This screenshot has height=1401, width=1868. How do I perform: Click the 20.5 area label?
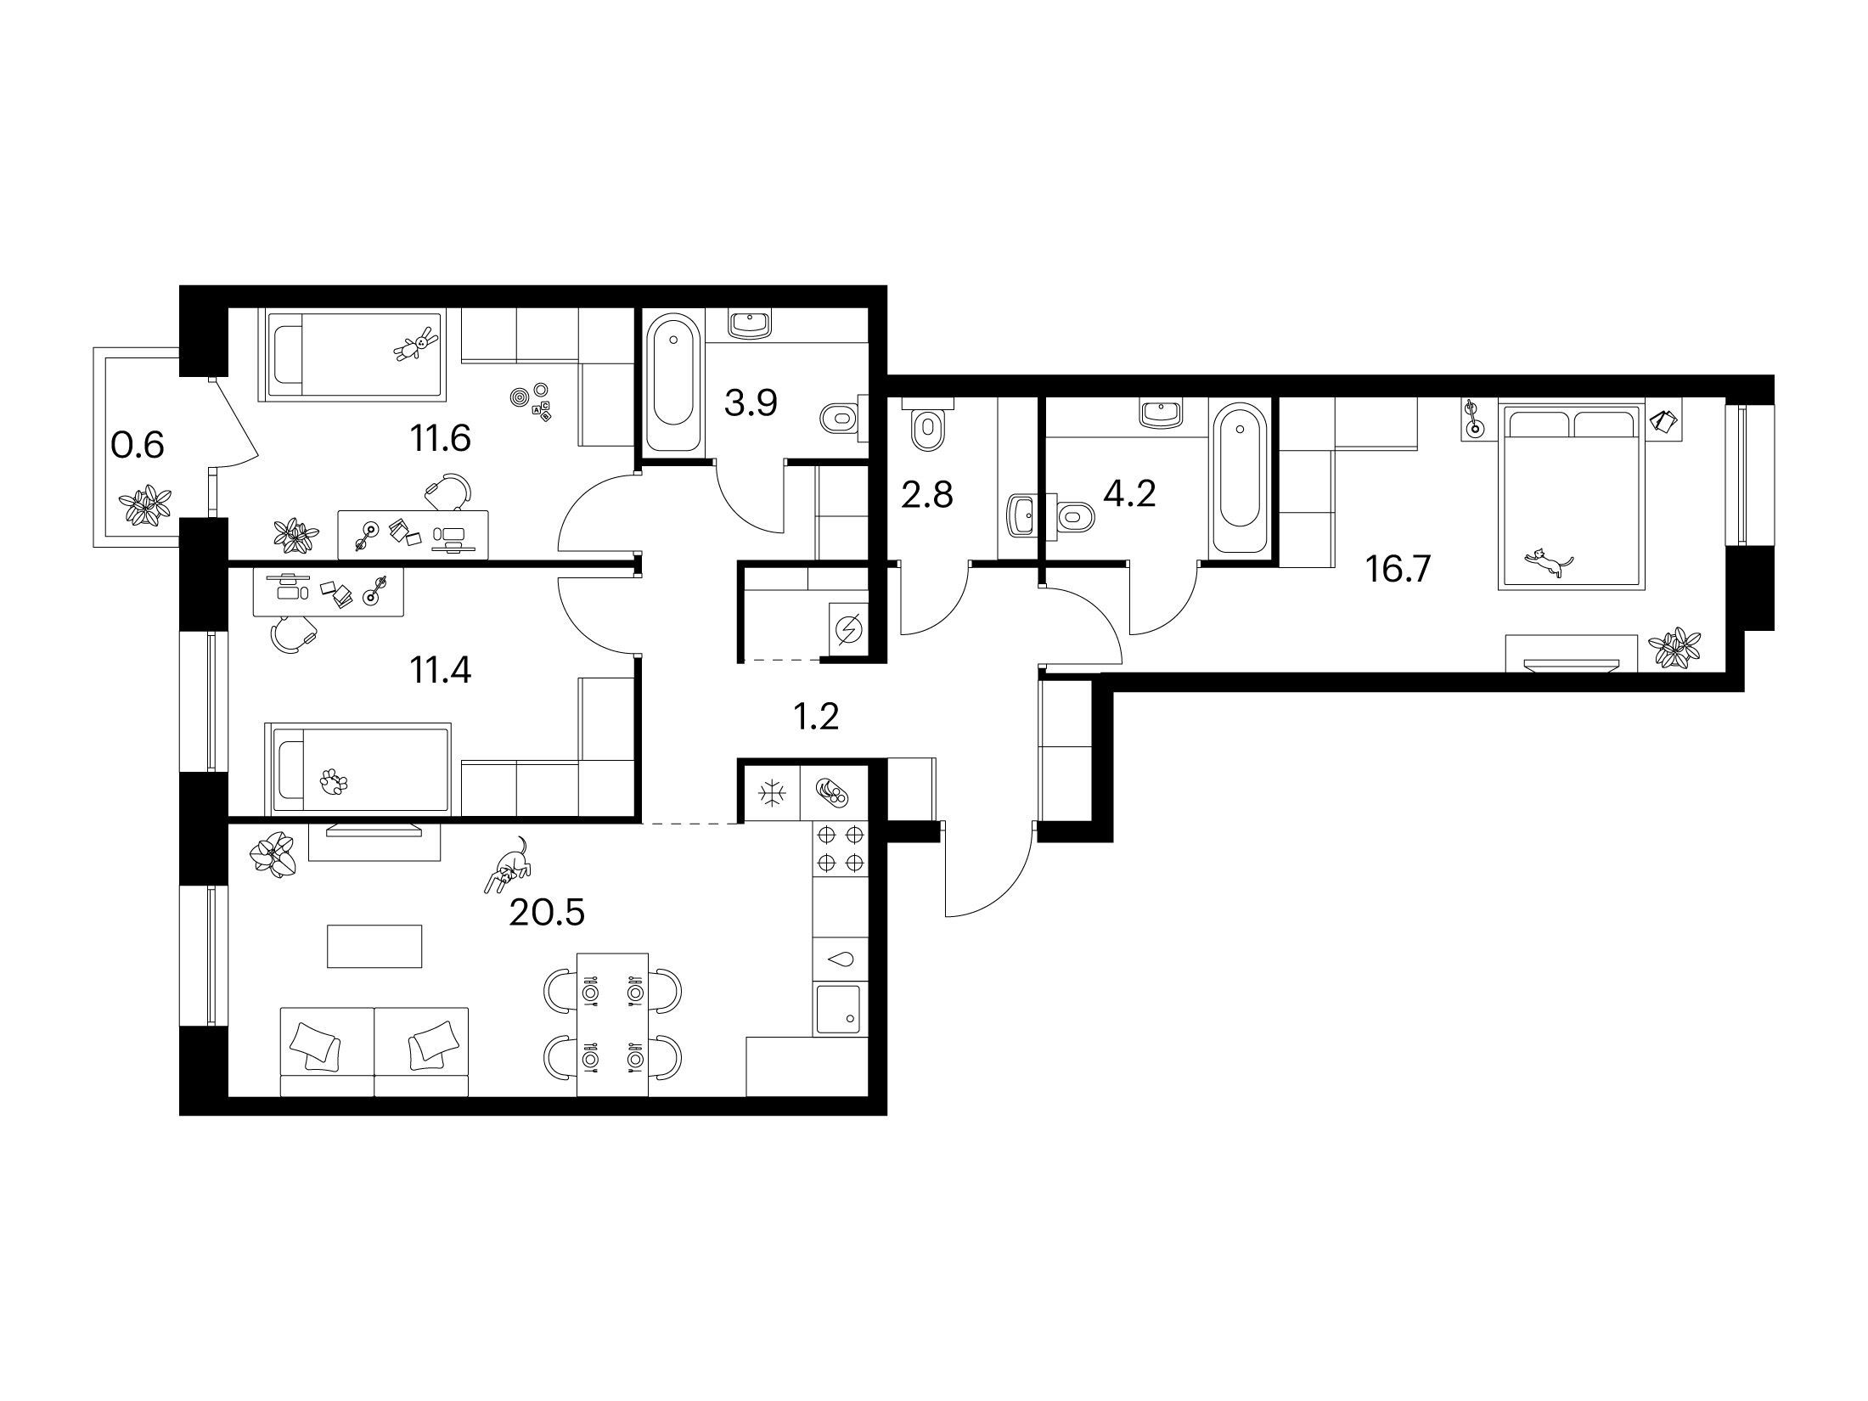coord(547,913)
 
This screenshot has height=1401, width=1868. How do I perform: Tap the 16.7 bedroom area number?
coord(1398,569)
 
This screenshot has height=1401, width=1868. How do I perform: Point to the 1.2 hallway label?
coord(814,717)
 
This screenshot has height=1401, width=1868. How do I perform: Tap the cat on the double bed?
coord(1549,563)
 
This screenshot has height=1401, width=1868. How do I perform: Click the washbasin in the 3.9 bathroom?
coord(751,324)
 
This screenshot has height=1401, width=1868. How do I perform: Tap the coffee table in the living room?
coord(374,946)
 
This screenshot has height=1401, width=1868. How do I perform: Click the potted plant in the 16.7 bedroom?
coord(1674,649)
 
